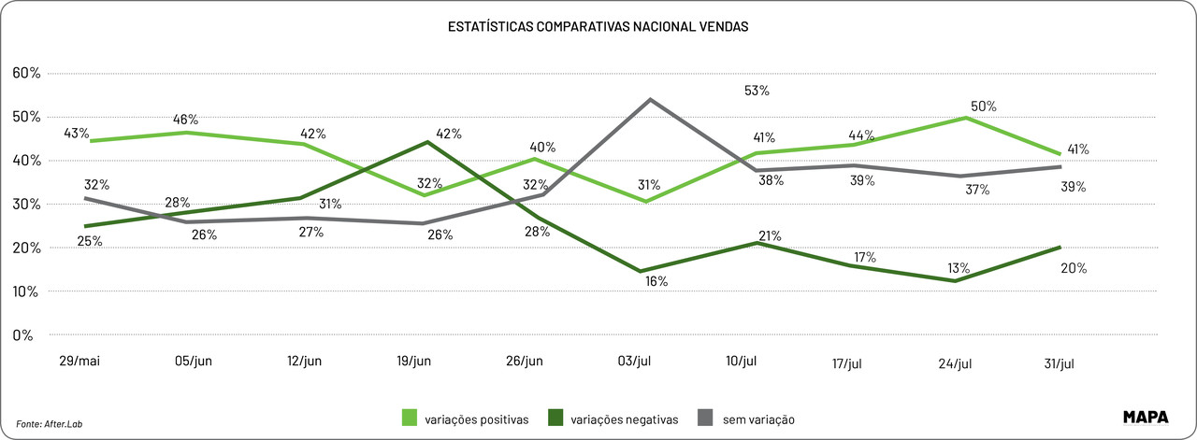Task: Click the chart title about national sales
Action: point(598,27)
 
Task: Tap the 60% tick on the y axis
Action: point(25,73)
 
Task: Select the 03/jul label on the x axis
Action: point(634,361)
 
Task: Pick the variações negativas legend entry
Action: point(613,419)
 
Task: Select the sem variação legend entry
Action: point(746,419)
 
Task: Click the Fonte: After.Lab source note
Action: point(56,423)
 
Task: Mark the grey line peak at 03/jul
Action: point(650,99)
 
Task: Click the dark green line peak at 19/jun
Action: point(427,142)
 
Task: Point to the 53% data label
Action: point(757,91)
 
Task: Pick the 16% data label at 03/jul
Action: point(656,281)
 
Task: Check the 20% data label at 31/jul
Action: point(1073,269)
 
